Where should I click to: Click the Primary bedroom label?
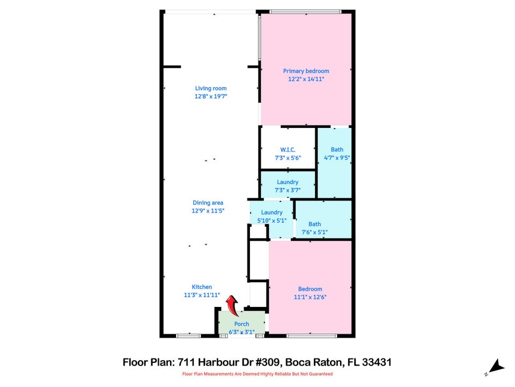[306, 71]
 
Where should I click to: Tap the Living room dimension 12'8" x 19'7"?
[210, 97]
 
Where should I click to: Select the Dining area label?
[208, 203]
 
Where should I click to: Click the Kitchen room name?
[202, 287]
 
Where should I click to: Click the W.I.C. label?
[288, 149]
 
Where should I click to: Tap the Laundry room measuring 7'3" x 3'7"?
[288, 185]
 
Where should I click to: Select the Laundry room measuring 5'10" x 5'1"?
[271, 216]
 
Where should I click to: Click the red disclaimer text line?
[257, 374]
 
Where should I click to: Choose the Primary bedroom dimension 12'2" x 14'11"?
[306, 79]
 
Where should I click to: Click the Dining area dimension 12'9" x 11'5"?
[208, 211]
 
